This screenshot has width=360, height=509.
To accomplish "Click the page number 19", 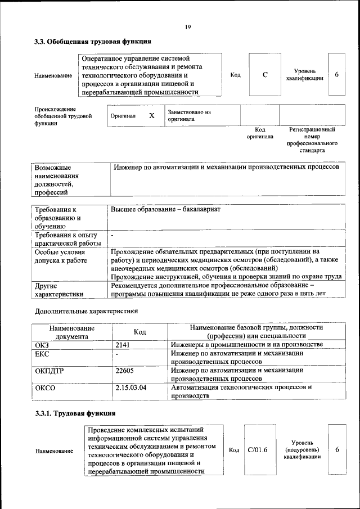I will pyautogui.click(x=188, y=26).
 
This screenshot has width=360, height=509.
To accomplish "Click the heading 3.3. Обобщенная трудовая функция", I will pyautogui.click(x=93, y=42).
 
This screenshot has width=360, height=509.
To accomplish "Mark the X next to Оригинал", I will pyautogui.click(x=151, y=115).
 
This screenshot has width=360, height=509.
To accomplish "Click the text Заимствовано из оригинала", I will pyautogui.click(x=189, y=116).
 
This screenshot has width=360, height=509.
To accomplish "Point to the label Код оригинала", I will pyautogui.click(x=260, y=133).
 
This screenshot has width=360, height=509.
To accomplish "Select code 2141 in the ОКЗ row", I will pyautogui.click(x=123, y=344).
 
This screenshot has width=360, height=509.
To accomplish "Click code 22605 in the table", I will pyautogui.click(x=125, y=371).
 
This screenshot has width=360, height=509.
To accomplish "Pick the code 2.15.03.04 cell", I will pyautogui.click(x=130, y=388).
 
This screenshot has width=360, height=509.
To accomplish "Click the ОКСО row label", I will pyautogui.click(x=46, y=388).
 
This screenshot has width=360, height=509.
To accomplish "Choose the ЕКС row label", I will pyautogui.click(x=42, y=354).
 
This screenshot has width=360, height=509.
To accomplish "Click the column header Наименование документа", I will pyautogui.click(x=71, y=332).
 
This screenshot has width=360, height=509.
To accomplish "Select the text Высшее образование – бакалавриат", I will pyautogui.click(x=165, y=209).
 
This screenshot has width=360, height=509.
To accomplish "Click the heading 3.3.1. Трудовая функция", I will pyautogui.click(x=75, y=413).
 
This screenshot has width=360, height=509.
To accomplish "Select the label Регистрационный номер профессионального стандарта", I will pyautogui.click(x=312, y=140).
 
